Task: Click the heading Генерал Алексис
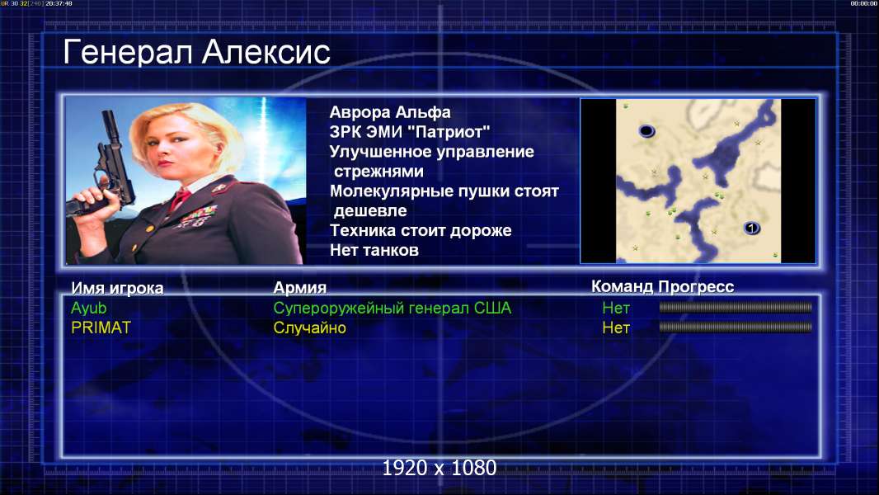pos(196,53)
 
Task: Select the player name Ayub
pos(88,308)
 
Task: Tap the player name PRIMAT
pos(101,328)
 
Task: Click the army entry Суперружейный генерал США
pos(392,309)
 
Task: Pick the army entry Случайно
pos(309,328)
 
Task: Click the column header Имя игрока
pos(117,288)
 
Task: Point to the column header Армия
pos(299,288)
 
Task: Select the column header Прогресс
pos(696,286)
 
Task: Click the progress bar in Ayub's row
pos(736,307)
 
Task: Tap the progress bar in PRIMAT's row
pos(736,327)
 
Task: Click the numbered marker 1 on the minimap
pos(751,228)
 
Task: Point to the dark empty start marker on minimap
pos(646,131)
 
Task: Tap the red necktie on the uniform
pos(181,197)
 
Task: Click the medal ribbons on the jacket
pos(196,216)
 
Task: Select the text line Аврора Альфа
pos(389,112)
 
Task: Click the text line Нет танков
pos(374,250)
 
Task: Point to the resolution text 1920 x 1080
pos(439,468)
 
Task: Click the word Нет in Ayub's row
pos(615,308)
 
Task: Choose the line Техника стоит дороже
pos(421,230)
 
